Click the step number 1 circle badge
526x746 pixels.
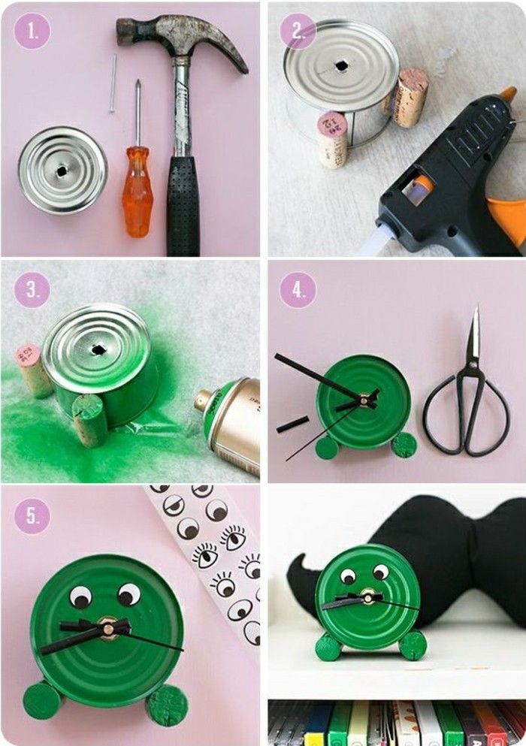coord(32,32)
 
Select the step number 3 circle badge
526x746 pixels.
coord(32,290)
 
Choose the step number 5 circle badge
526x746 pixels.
coord(32,516)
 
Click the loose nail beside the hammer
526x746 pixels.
coord(113,83)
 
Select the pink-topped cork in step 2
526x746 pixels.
coord(331,139)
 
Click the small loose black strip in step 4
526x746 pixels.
coord(292,424)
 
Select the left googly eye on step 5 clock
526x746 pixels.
coord(81,598)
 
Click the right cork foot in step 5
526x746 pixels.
coord(168,704)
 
